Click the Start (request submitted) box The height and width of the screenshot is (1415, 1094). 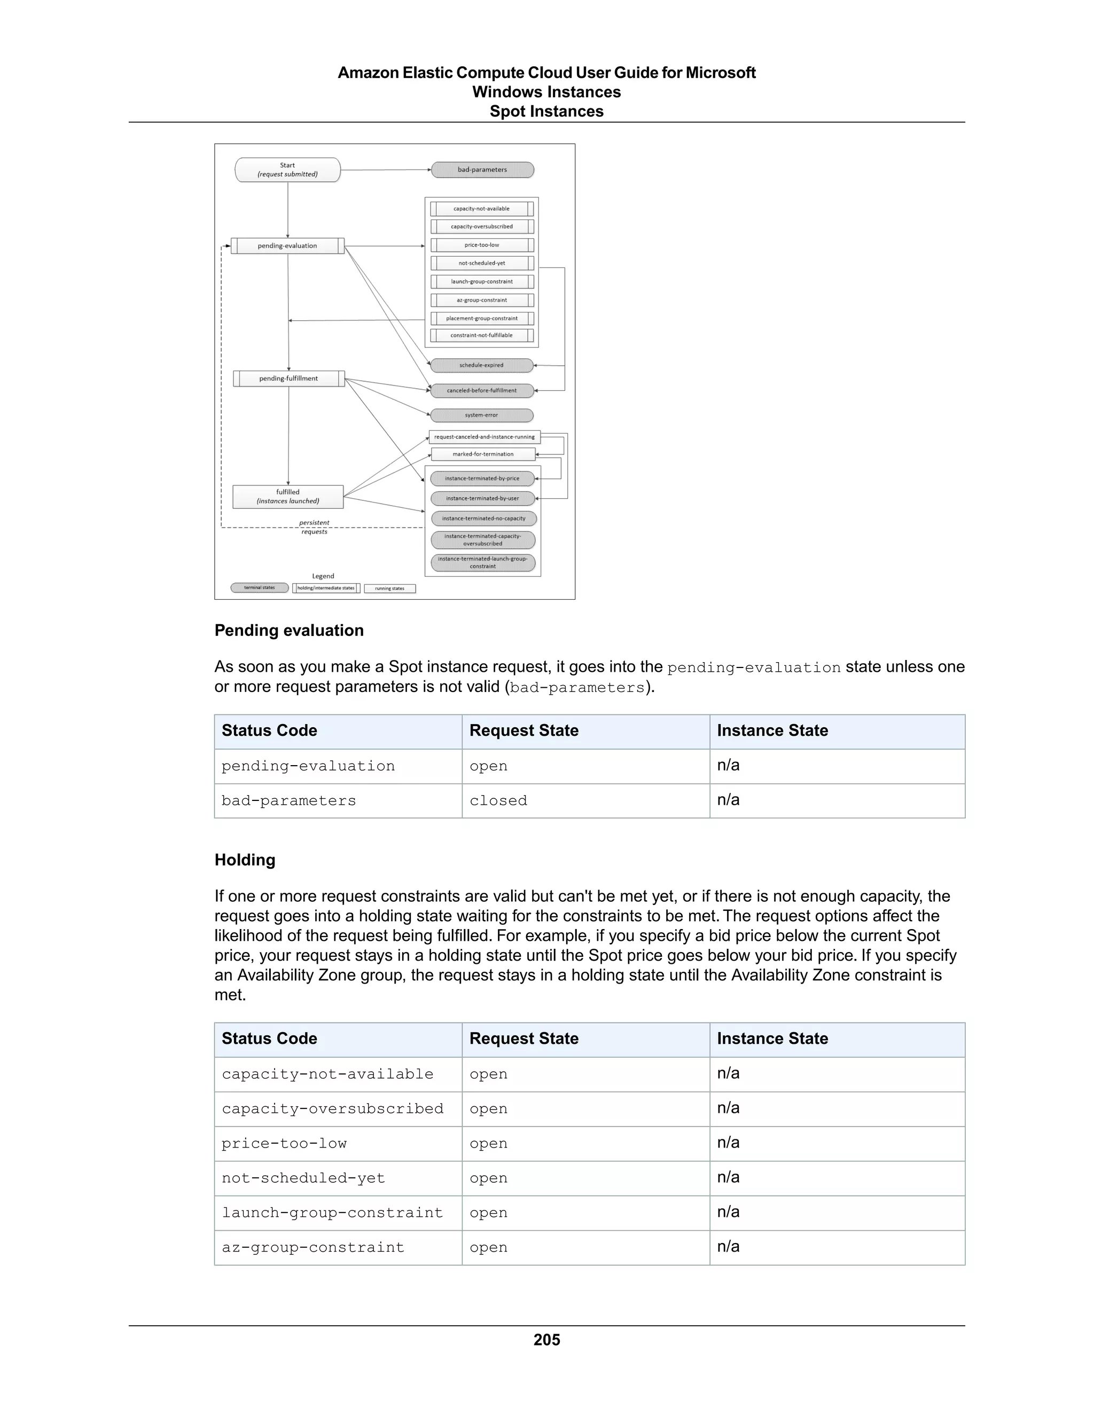pos(287,170)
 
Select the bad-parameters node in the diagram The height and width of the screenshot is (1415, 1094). pos(482,170)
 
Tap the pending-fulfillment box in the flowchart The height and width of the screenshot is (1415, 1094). pos(288,379)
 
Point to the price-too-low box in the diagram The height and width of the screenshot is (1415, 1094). pos(481,245)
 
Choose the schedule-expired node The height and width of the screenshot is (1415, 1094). pos(481,365)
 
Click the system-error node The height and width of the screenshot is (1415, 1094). pos(481,415)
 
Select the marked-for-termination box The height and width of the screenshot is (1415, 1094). pos(483,454)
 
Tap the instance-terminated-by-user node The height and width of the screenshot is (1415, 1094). pos(483,498)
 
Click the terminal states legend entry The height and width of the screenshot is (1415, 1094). pos(259,588)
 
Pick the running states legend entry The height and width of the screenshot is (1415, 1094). pos(389,588)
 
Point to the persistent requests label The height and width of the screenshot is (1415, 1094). pos(314,526)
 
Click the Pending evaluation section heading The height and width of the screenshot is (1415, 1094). pos(289,631)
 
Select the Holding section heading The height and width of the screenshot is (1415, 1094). pos(245,860)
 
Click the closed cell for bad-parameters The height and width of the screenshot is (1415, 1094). pos(498,801)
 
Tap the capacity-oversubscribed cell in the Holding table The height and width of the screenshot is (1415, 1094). pos(332,1109)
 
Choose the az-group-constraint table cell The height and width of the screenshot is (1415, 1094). pos(313,1247)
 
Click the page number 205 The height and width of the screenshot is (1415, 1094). pos(546,1340)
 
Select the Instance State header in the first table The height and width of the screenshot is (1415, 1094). pos(772,731)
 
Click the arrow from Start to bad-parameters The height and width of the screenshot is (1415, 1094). pos(386,170)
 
